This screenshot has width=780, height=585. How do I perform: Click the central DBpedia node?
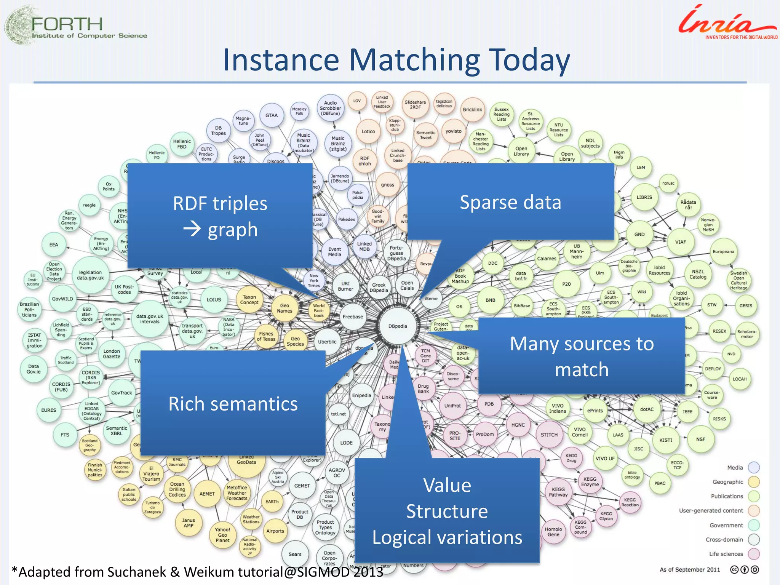(x=398, y=326)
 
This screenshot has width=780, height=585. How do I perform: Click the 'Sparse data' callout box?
(x=510, y=202)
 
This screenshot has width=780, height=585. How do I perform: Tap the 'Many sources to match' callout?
(x=582, y=356)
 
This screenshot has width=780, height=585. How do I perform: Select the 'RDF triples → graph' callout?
(x=220, y=216)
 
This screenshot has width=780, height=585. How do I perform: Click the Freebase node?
(x=353, y=316)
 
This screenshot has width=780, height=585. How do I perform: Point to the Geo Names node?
(x=285, y=308)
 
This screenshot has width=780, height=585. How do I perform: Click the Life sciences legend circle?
(x=754, y=554)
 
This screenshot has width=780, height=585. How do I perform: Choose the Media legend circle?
(x=754, y=467)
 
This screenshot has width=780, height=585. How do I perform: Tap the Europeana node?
(x=723, y=252)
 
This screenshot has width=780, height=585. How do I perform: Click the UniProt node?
(x=452, y=406)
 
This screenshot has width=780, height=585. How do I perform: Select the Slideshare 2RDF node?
(x=415, y=105)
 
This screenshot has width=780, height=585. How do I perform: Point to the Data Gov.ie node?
(x=34, y=369)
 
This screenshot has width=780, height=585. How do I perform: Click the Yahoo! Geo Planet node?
(x=222, y=535)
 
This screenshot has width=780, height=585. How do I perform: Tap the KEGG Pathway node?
(x=558, y=492)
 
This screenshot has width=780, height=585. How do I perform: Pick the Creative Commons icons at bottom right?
(x=745, y=569)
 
